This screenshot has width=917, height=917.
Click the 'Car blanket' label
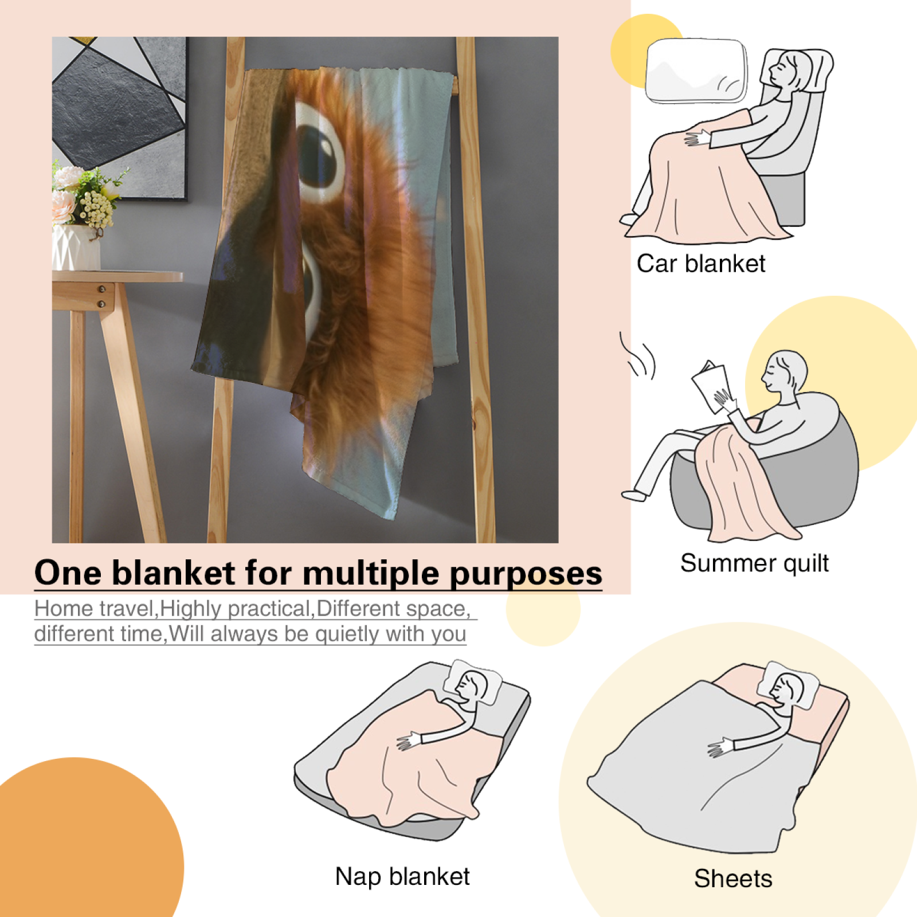coord(700,264)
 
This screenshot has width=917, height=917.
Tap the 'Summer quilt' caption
coord(754,563)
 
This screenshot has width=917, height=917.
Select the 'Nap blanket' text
coord(402,876)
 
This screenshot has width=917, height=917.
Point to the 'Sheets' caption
coord(733,878)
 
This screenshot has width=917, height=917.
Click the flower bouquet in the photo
coord(86,195)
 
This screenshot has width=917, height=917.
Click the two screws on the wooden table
coord(101,296)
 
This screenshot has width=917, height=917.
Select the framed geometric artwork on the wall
coord(120,118)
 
